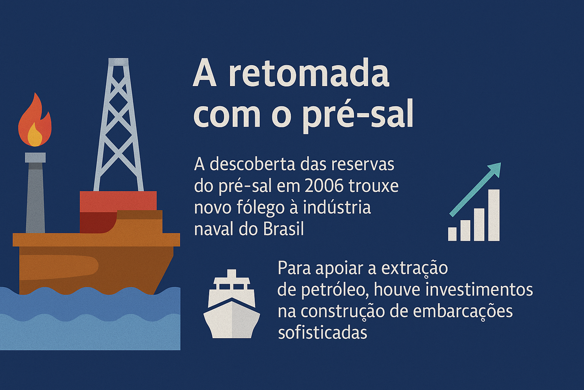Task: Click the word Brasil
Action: point(283,229)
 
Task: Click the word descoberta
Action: point(252,165)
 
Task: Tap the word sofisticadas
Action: point(322,333)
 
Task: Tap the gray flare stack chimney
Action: point(35,198)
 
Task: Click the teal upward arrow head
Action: point(494,169)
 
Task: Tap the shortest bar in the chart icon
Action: point(452,234)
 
